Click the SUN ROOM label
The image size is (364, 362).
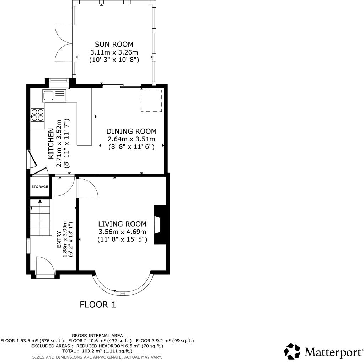[x=114, y=45]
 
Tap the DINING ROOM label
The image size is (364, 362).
[x=131, y=131]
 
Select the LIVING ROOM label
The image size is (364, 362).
[x=122, y=224]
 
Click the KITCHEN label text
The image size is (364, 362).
[x=51, y=144]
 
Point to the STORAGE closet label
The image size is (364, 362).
[x=39, y=187]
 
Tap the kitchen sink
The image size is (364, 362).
[x=54, y=96]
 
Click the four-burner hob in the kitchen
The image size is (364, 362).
[x=38, y=115]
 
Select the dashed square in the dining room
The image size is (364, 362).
[x=151, y=101]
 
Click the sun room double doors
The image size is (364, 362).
[x=64, y=44]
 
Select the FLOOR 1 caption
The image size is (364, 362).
[x=98, y=305]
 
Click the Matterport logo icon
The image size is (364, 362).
[x=292, y=352]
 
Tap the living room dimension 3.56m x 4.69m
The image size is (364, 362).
[x=122, y=232]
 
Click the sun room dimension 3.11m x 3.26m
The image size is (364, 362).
[x=114, y=52]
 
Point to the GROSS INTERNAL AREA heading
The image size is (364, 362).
[x=97, y=335]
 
